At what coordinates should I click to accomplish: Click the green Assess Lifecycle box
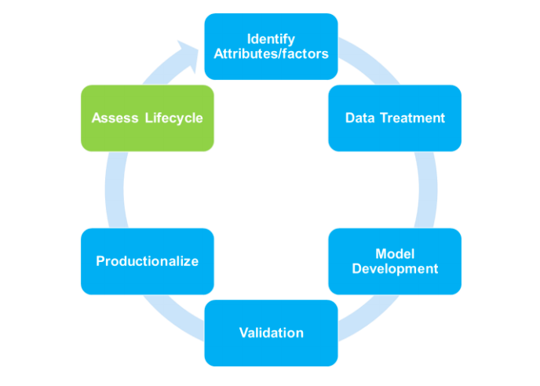point(147,118)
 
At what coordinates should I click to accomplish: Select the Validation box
point(271,333)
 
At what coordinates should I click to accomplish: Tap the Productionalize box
point(147,261)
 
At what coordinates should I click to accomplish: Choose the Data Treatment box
point(395,118)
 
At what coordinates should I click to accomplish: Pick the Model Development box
point(395,261)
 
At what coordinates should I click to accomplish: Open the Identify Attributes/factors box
point(271,46)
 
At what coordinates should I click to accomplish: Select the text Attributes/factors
point(271,53)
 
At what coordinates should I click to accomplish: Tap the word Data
point(359,118)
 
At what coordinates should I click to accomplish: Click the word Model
point(395,254)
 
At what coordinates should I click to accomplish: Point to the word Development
point(395,268)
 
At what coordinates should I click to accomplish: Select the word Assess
point(115,118)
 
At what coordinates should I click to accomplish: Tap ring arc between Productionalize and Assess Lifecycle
point(115,190)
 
